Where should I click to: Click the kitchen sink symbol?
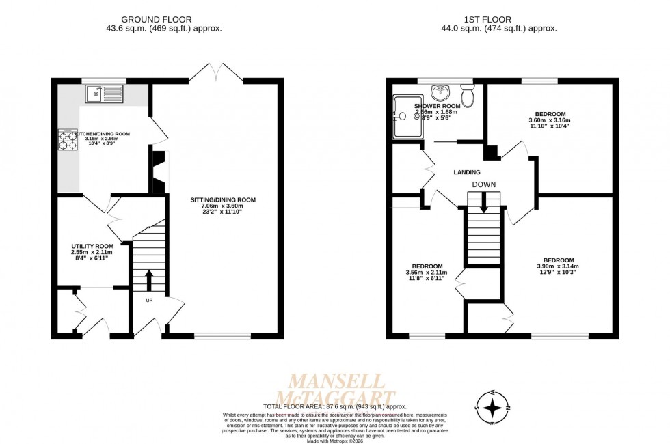tap(103, 94)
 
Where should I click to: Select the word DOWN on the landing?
tap(483, 185)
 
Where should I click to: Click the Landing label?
tap(466, 172)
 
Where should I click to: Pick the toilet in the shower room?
tap(468, 96)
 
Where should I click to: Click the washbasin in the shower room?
tap(442, 91)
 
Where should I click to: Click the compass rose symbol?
tap(493, 407)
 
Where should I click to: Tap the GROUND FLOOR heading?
tap(156, 19)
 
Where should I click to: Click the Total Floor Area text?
tap(334, 406)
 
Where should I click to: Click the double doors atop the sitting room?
tap(215, 70)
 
